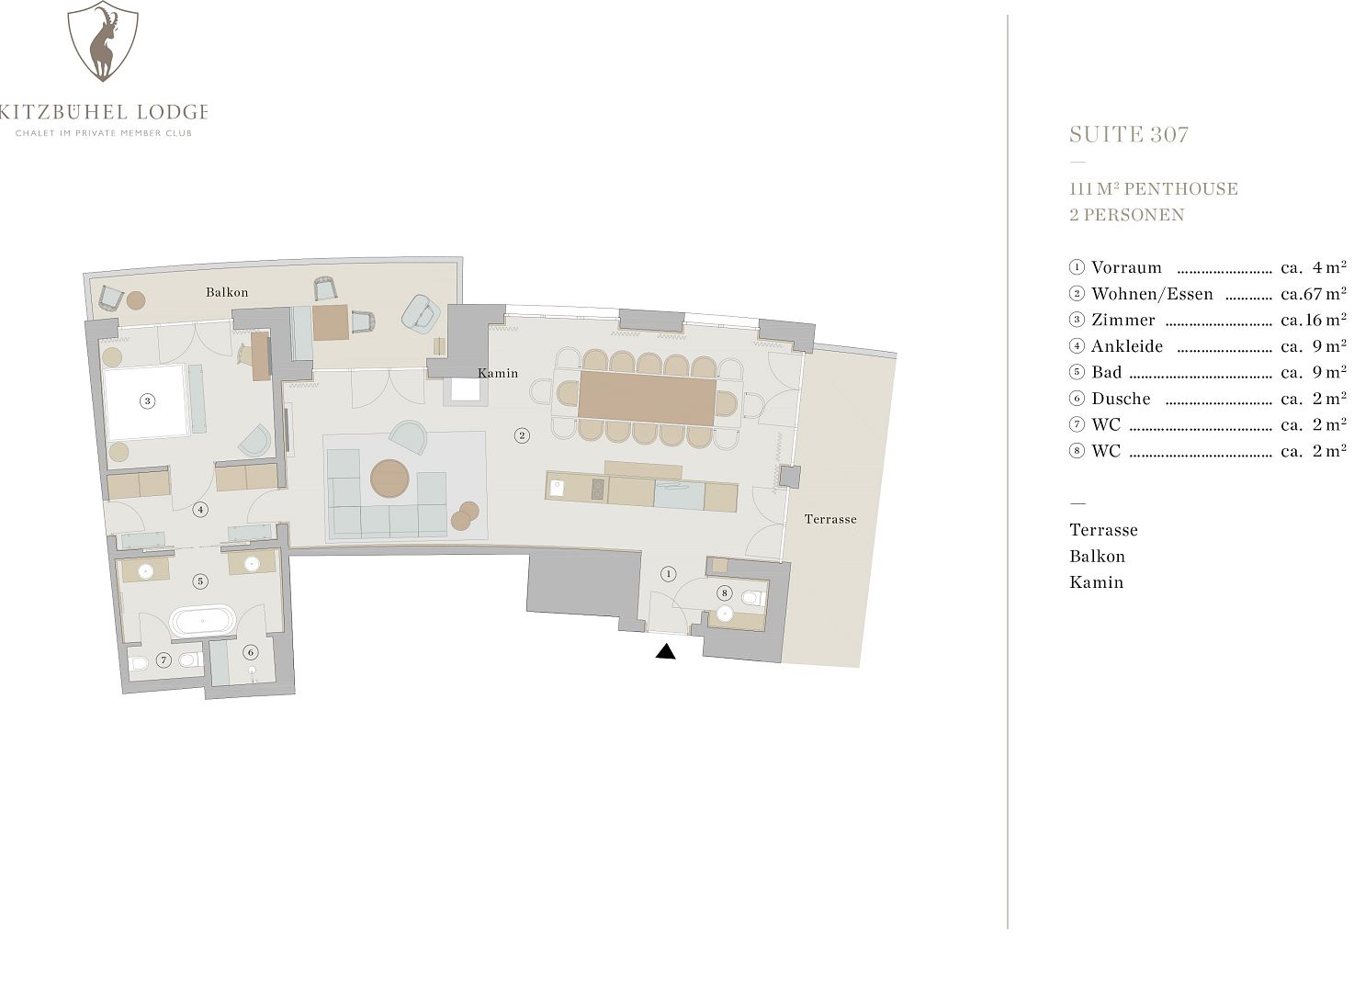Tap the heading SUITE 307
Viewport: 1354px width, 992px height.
pyautogui.click(x=1129, y=134)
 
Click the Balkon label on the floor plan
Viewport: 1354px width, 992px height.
pyautogui.click(x=227, y=293)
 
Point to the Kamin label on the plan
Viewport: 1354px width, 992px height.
pyautogui.click(x=498, y=373)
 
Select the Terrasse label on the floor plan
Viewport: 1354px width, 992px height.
pyautogui.click(x=829, y=519)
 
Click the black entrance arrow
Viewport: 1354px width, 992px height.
pyautogui.click(x=665, y=651)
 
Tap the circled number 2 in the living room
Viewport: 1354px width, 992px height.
pyautogui.click(x=523, y=435)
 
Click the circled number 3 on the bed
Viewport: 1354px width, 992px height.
pyautogui.click(x=148, y=400)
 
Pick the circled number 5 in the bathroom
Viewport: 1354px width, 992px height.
pyautogui.click(x=200, y=581)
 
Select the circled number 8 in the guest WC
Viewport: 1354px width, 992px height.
pyautogui.click(x=724, y=593)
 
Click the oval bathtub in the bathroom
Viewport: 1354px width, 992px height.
pyautogui.click(x=202, y=621)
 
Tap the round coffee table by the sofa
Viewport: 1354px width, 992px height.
pyautogui.click(x=389, y=479)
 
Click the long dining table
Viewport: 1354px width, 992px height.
pyautogui.click(x=647, y=398)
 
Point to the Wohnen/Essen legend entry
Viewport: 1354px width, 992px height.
pyautogui.click(x=1152, y=295)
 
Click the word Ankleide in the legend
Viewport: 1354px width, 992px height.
pyautogui.click(x=1127, y=346)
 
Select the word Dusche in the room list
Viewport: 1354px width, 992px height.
pyautogui.click(x=1121, y=399)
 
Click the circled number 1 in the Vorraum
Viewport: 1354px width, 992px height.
pyautogui.click(x=668, y=574)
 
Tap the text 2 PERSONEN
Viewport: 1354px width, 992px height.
pyautogui.click(x=1127, y=215)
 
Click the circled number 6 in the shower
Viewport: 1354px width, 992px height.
pyautogui.click(x=251, y=652)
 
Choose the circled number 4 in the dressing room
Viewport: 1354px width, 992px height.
pyautogui.click(x=200, y=510)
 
